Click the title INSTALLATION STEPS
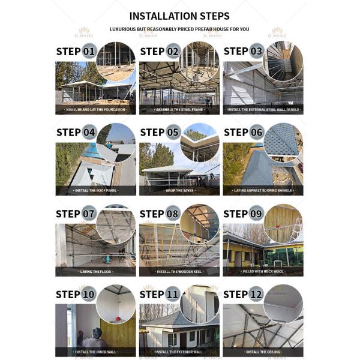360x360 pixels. [x=179, y=16]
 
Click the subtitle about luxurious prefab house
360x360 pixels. [x=179, y=29]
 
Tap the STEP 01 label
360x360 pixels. [x=76, y=51]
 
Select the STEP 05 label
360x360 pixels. [x=160, y=132]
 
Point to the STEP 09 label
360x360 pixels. [x=243, y=214]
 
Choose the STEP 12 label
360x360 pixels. [x=243, y=295]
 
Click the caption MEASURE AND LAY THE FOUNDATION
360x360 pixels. [x=95, y=110]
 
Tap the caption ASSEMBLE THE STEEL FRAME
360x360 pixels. [x=179, y=110]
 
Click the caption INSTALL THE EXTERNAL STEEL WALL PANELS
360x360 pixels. [x=263, y=110]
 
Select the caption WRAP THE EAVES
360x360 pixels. [x=179, y=191]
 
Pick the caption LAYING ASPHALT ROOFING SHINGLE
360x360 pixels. [x=263, y=191]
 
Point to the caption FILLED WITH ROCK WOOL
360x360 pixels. [x=263, y=272]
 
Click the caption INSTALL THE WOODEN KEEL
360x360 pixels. [x=179, y=272]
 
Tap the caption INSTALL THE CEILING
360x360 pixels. [x=263, y=352]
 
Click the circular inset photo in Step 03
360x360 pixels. [x=283, y=61]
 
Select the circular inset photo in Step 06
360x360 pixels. [x=283, y=143]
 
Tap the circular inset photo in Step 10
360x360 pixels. [x=116, y=305]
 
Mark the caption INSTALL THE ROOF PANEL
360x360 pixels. [x=95, y=191]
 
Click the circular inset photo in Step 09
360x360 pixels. [x=283, y=224]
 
